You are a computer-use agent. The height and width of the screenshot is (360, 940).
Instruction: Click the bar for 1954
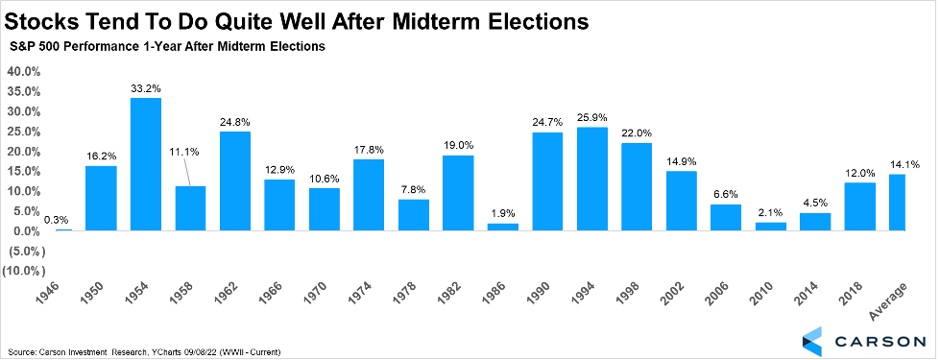point(146,164)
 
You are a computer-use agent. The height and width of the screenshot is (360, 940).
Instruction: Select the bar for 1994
point(592,180)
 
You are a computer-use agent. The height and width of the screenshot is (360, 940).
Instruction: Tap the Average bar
point(897,203)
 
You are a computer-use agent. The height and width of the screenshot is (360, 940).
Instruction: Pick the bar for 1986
point(503,227)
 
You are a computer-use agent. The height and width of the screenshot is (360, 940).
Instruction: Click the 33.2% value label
point(146,88)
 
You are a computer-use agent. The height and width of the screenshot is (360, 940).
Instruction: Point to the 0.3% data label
point(57,219)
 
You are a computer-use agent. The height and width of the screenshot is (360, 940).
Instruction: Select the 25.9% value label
point(592,117)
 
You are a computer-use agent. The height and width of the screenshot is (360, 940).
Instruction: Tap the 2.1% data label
point(771,212)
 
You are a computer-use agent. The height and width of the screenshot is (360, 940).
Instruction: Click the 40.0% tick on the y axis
point(23,72)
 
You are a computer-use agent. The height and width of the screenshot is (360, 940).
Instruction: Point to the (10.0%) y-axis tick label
point(21,271)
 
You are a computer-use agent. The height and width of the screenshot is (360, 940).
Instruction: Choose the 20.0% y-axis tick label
point(23,152)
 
